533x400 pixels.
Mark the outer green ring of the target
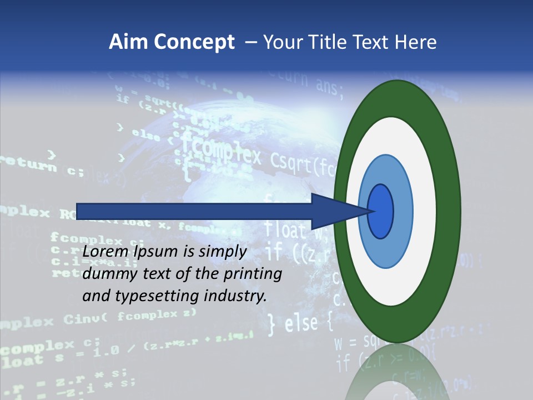click(449, 212)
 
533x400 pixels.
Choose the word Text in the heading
click(373, 42)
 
